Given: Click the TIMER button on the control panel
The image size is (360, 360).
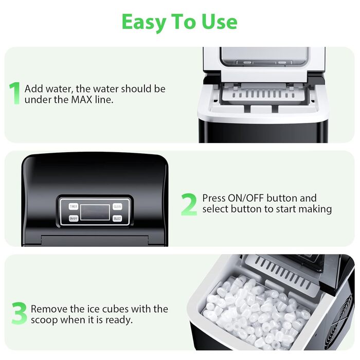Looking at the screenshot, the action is point(74,206).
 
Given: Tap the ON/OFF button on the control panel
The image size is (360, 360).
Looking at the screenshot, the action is point(74,219).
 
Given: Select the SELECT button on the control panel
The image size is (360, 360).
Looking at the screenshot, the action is point(117,219).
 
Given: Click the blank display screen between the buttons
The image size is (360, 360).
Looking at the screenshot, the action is point(95,212).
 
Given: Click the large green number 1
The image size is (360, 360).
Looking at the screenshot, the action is point(14,93).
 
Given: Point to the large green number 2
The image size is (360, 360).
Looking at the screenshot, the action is point(189,204).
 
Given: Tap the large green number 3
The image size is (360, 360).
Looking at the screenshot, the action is point(20,313).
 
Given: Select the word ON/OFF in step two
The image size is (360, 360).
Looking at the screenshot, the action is point(246,198).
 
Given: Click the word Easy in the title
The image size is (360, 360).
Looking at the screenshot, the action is point(143,22).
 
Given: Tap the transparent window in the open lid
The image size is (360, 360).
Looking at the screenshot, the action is point(264,57).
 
